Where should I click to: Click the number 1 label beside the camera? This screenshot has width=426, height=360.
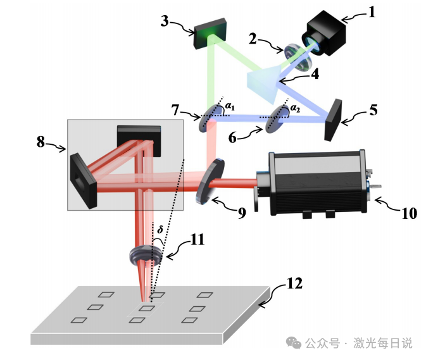pyautogui.click(x=372, y=12)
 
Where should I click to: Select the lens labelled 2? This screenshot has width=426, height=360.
pyautogui.click(x=298, y=58)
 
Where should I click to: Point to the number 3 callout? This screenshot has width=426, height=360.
pyautogui.click(x=165, y=21)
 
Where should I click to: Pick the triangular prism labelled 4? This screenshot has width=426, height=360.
pyautogui.click(x=263, y=84)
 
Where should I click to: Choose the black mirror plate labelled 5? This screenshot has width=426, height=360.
pyautogui.click(x=333, y=120)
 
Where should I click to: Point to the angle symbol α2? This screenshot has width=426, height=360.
pyautogui.click(x=296, y=108)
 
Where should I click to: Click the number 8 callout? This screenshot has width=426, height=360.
pyautogui.click(x=41, y=142)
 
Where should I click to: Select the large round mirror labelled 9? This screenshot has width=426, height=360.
pyautogui.click(x=210, y=181)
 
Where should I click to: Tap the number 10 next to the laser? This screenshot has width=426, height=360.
pyautogui.click(x=409, y=213)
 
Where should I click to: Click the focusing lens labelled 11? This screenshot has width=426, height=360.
pyautogui.click(x=146, y=256)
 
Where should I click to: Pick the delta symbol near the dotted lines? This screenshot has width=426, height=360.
pyautogui.click(x=160, y=230)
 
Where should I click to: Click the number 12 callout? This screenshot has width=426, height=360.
pyautogui.click(x=294, y=283)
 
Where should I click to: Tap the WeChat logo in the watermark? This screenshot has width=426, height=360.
pyautogui.click(x=294, y=343)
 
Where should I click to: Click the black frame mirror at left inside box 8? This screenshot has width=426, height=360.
pyautogui.click(x=84, y=180)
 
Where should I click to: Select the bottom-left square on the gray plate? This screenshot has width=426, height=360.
pyautogui.click(x=78, y=320)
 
